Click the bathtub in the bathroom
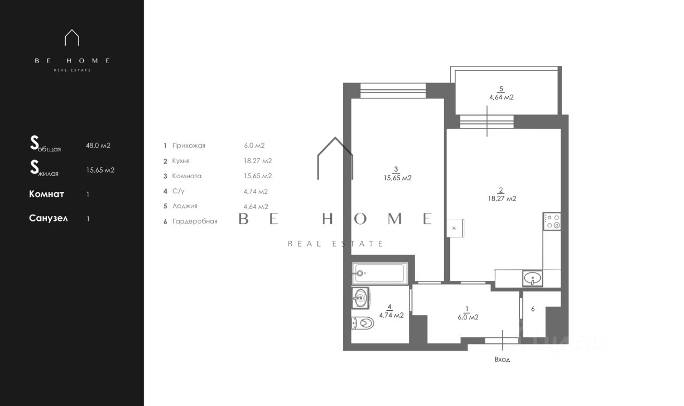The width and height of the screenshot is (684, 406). pyautogui.click(x=380, y=273)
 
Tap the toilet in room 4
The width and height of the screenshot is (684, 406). pyautogui.click(x=363, y=323)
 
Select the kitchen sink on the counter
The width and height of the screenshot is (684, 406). pyautogui.click(x=533, y=279)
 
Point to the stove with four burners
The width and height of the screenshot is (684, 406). pyautogui.click(x=552, y=221)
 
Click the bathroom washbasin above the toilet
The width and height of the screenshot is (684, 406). pyautogui.click(x=361, y=297)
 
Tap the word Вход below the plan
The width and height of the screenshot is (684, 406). pyautogui.click(x=502, y=359)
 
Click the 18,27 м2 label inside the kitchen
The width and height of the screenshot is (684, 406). pyautogui.click(x=502, y=198)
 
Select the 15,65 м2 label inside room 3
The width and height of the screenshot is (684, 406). pyautogui.click(x=398, y=178)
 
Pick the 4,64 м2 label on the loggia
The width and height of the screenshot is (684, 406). pyautogui.click(x=501, y=97)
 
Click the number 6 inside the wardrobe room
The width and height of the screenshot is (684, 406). pyautogui.click(x=533, y=309)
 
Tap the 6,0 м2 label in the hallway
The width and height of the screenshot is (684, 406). pyautogui.click(x=468, y=317)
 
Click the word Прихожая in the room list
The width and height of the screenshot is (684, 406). pyautogui.click(x=189, y=145)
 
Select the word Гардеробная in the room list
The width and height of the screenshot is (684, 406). pyautogui.click(x=195, y=221)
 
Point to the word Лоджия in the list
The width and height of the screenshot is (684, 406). pyautogui.click(x=185, y=206)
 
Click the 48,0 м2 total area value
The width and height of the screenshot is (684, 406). pyautogui.click(x=98, y=145)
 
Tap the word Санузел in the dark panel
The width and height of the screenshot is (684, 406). pyautogui.click(x=48, y=218)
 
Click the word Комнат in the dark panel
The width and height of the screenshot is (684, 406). pyautogui.click(x=46, y=194)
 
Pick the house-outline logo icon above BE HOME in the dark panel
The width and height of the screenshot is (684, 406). pyautogui.click(x=72, y=37)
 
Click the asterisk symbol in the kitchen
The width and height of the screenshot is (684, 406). pyautogui.click(x=454, y=228)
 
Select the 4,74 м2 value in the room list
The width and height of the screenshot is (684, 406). pyautogui.click(x=255, y=191)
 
